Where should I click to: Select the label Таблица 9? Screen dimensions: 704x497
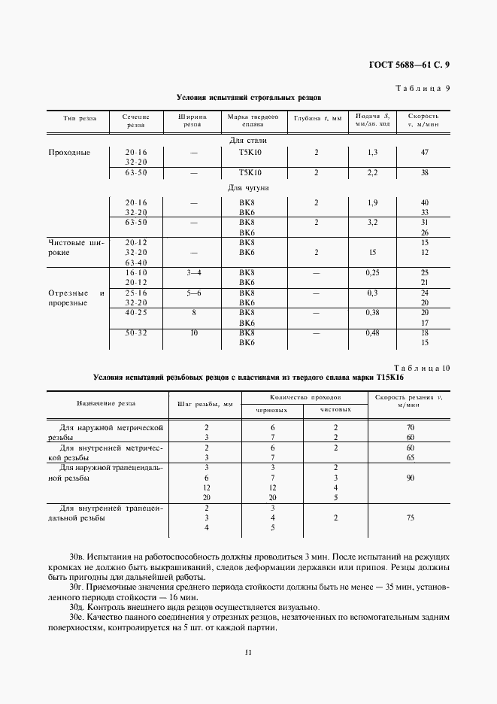pyautogui.click(x=423, y=88)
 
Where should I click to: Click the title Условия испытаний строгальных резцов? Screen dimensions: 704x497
pyautogui.click(x=248, y=98)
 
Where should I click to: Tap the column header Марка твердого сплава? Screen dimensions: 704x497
pyautogui.click(x=248, y=121)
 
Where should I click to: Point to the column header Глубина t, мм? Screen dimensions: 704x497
pyautogui.click(x=317, y=117)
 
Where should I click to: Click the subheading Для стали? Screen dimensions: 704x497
pyautogui.click(x=248, y=140)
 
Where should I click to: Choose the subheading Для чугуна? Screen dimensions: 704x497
pyautogui.click(x=248, y=188)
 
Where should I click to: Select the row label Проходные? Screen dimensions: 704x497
pyautogui.click(x=69, y=152)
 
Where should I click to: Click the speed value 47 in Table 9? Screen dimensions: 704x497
pyautogui.click(x=424, y=152)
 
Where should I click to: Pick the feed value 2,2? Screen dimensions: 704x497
pyautogui.click(x=371, y=172)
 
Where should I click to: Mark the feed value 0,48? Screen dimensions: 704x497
pyautogui.click(x=371, y=332)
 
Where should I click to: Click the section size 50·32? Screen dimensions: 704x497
pyautogui.click(x=136, y=332)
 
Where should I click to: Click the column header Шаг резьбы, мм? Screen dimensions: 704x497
pyautogui.click(x=205, y=404)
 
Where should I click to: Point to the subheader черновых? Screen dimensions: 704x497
pyautogui.click(x=272, y=411)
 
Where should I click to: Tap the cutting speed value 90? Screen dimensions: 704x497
pyautogui.click(x=410, y=478)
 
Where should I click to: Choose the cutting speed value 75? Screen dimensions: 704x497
pyautogui.click(x=410, y=518)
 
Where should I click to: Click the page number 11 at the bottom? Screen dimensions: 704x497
pyautogui.click(x=247, y=652)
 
